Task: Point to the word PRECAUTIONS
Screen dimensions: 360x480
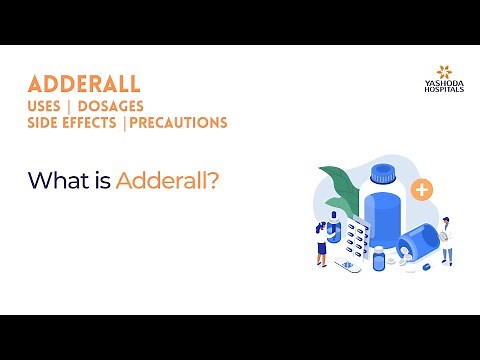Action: (177, 123)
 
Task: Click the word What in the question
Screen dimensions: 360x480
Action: (54, 181)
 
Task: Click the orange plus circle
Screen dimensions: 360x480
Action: (421, 188)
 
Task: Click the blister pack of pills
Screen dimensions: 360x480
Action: (351, 238)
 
